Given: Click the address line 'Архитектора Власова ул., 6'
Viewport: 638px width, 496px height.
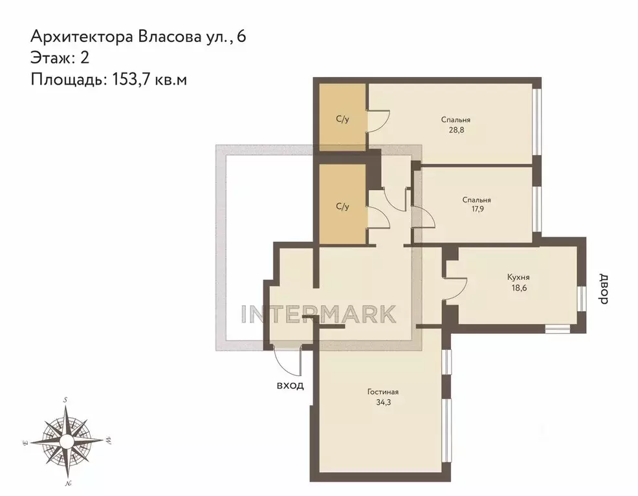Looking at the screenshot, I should point(137,36).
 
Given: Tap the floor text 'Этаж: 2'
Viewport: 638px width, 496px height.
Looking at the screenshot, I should point(60,57).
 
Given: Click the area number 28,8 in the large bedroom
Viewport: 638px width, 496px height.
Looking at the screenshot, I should point(456,129).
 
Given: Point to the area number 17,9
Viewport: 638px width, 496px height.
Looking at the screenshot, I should point(477,209).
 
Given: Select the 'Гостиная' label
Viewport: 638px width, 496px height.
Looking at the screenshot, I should point(382,391).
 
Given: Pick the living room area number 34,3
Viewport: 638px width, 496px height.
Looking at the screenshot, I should point(382,402).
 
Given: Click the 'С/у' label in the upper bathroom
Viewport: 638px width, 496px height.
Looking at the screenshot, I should point(342,120).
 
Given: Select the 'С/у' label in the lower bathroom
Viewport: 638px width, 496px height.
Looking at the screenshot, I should point(342,207).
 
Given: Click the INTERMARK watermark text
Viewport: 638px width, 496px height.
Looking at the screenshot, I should point(318,314).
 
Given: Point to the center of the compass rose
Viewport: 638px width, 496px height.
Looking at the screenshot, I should point(67,441).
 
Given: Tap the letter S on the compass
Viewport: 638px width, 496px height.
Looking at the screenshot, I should point(65,400).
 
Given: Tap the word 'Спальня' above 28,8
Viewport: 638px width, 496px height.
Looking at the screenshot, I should point(456,120).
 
